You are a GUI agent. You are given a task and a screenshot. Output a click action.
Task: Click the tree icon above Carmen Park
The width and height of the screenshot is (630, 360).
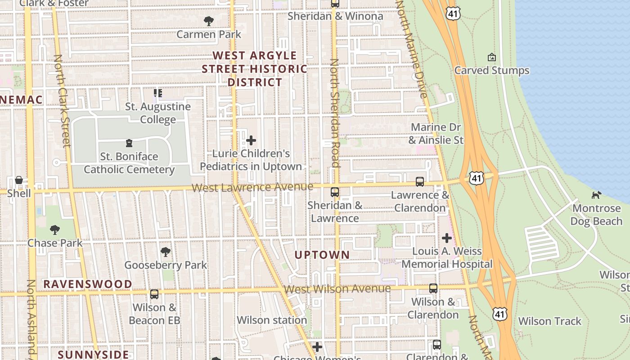pos(208,21)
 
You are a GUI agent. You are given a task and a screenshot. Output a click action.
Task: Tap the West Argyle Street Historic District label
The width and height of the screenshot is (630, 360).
pos(255,69)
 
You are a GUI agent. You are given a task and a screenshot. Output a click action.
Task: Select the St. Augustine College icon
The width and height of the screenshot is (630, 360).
pos(157,93)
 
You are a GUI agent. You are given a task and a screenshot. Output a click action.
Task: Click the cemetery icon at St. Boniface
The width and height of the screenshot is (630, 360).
pos(129,143)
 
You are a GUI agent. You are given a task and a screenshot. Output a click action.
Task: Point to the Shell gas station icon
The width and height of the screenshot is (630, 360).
pos(19,180)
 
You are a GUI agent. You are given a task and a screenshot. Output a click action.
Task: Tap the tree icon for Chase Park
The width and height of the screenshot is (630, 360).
pos(55,230)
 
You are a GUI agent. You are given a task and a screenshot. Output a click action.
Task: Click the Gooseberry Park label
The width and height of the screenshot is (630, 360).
pos(166,265)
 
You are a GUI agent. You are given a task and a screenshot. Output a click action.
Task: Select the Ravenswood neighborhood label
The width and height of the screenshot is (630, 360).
pos(88,284)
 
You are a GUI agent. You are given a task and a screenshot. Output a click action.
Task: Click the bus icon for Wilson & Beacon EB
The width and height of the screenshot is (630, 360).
pos(154,294)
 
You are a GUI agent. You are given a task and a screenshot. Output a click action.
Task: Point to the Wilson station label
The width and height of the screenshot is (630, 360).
pos(272,320)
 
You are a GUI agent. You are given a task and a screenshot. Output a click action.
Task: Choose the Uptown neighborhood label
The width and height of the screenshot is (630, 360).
pos(322,255)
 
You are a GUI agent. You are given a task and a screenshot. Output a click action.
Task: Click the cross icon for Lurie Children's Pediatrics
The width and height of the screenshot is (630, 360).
pos(251,140)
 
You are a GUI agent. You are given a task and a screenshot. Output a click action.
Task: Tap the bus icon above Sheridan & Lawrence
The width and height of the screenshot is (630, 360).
pos(335,192)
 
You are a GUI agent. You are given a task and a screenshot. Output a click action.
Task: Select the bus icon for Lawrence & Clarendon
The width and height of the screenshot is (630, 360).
pos(420,182)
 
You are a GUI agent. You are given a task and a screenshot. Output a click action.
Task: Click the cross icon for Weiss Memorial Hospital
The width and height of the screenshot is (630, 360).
pos(447,238)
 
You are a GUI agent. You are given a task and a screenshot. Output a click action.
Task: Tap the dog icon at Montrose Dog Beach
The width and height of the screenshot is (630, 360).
pos(596,195)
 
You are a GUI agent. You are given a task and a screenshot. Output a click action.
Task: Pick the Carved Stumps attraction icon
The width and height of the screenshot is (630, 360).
pos(492,57)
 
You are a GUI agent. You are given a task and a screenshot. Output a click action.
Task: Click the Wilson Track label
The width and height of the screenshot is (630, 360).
pos(550,321)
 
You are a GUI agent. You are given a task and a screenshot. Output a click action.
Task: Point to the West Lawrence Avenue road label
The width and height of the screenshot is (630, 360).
pos(252,187)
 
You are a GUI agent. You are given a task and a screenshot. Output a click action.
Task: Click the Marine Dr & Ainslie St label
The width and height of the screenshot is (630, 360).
pos(436,134)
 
